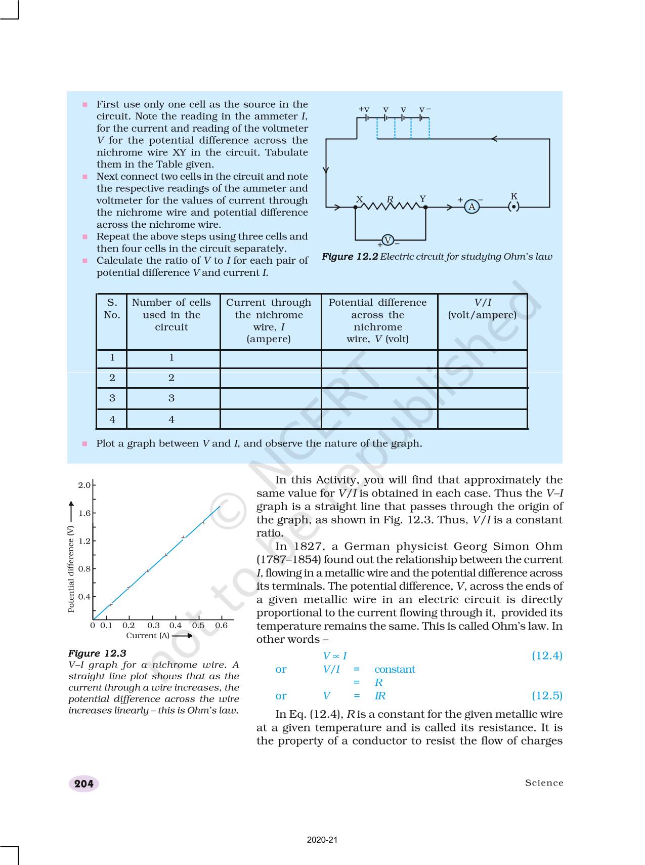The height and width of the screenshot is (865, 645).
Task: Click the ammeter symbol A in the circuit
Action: click(x=471, y=207)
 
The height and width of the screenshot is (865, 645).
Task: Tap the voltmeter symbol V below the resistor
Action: click(x=388, y=240)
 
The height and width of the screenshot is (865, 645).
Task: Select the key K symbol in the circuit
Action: click(x=513, y=207)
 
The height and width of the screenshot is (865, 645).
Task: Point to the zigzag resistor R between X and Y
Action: click(x=390, y=205)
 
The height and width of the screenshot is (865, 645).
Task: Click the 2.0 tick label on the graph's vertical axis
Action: click(x=84, y=485)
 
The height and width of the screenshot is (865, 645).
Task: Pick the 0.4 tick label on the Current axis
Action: click(x=175, y=625)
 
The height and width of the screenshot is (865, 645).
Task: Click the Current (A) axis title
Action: click(x=148, y=635)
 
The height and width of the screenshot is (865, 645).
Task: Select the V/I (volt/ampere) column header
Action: click(x=482, y=309)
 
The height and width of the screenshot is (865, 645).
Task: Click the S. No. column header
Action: click(x=112, y=309)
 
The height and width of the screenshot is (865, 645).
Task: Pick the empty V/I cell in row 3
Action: click(x=482, y=398)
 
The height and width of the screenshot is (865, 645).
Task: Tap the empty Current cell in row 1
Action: click(x=270, y=358)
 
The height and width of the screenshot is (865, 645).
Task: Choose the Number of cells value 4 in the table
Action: click(x=171, y=420)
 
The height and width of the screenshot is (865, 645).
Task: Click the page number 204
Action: click(x=83, y=784)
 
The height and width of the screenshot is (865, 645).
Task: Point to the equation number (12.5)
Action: click(x=547, y=695)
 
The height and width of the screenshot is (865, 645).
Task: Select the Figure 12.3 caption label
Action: click(x=97, y=653)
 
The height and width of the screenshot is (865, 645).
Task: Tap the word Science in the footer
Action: click(x=544, y=783)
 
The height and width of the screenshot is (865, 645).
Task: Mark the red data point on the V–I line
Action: click(x=183, y=537)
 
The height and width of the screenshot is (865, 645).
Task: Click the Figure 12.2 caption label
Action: click(x=350, y=257)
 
